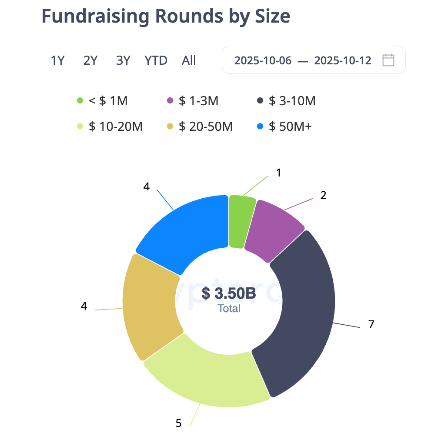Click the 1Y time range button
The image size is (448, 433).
pos(57,60)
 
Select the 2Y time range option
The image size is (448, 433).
pos(90,60)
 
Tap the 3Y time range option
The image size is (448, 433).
pos(123,60)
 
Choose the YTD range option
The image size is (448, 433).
pos(156,60)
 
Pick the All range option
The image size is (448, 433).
pos(189,60)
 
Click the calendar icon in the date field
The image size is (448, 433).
pos(388,60)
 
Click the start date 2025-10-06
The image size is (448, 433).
pos(263,60)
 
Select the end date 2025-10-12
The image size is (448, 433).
pos(343,60)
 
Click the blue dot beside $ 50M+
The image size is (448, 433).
pos(260,127)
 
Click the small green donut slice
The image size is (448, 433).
pos(241,221)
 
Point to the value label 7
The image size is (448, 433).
pos(371,324)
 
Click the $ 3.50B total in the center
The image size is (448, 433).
pos(229,293)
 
